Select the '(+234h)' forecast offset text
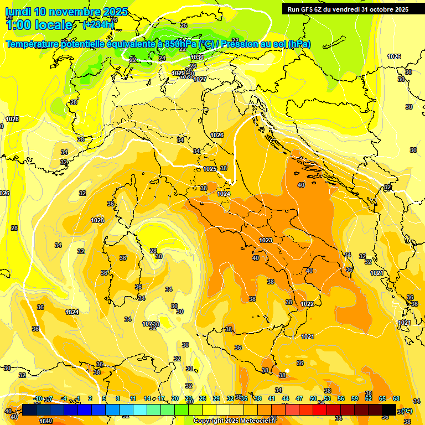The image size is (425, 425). tap(99, 24)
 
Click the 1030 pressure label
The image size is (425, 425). tap(197, 57)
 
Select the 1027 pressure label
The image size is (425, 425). tap(200, 79)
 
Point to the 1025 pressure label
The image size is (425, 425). tap(210, 169)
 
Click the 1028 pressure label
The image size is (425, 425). tap(12, 119)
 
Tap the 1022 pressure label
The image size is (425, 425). tap(308, 304)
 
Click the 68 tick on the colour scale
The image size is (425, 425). tap(396, 398)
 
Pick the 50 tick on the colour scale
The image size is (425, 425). tap(313, 398)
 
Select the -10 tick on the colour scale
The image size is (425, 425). tap(38, 398)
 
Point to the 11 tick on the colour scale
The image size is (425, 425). tap(133, 398)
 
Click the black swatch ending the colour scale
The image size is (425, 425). tap(389, 410)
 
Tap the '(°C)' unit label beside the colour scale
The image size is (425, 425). tap(406, 411)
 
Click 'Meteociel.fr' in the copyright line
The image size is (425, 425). tap(257, 421)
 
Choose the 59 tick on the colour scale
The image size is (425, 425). tap(355, 398)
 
